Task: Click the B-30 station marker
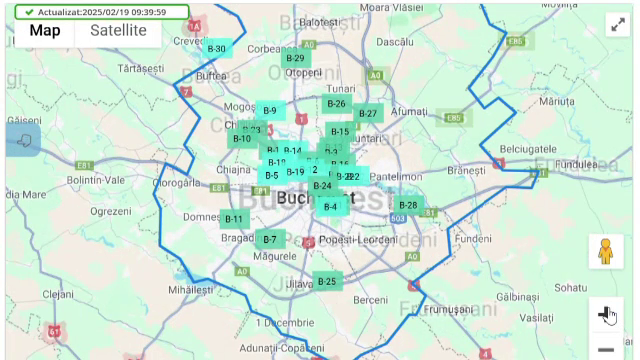coord(217,48)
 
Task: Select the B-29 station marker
coord(295,58)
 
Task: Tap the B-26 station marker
coord(336,104)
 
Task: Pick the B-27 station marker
coord(367,114)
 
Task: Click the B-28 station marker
coord(407,205)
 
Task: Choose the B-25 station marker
coord(327,281)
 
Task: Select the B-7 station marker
coord(270,239)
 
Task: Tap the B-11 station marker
coord(233,219)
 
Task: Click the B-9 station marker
coord(270,110)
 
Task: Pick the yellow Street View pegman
coord(604,251)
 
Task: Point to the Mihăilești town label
coord(191,289)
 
